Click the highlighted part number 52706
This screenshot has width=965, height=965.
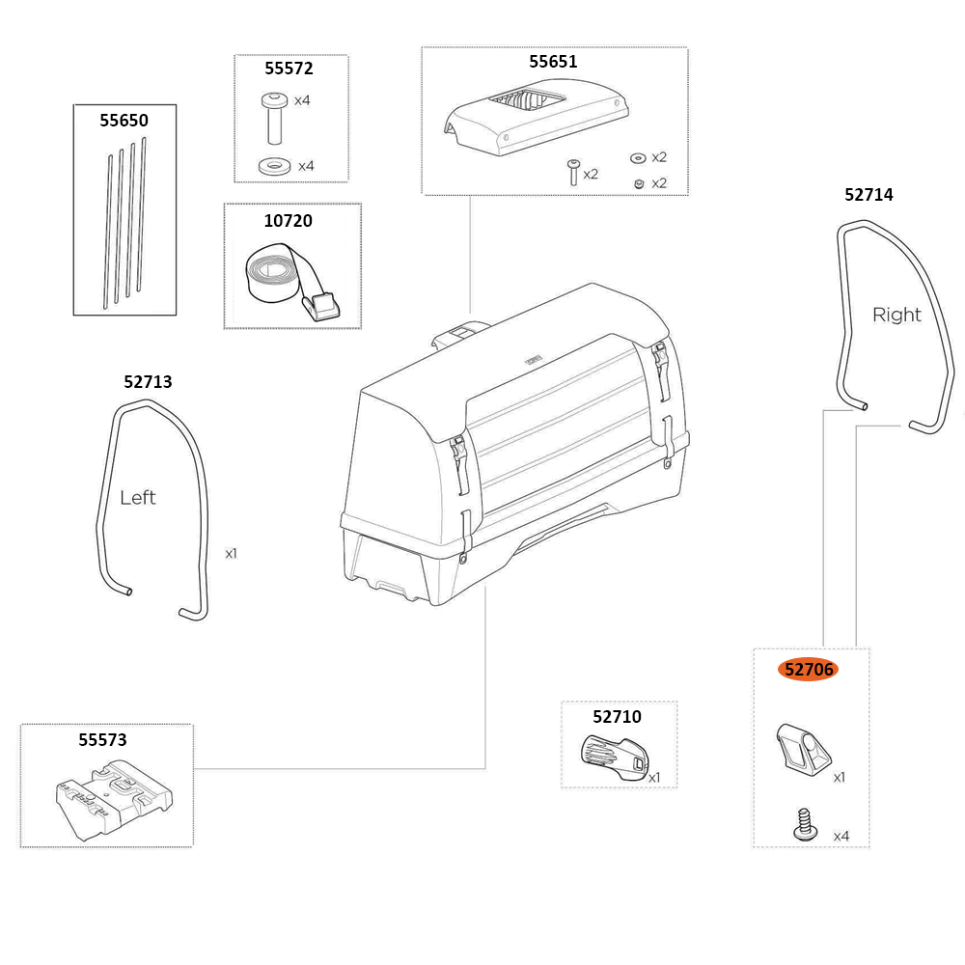point(809,669)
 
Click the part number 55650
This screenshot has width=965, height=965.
point(124,121)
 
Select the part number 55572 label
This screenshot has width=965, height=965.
point(289,68)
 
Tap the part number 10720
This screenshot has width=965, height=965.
point(289,221)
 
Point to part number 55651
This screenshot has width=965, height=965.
point(553,62)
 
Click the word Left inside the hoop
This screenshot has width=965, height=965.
point(138,498)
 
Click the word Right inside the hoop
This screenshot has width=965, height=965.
point(896,315)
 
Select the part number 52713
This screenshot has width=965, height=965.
point(149,382)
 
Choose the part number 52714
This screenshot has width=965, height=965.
point(868,195)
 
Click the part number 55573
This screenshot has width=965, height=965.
point(102,740)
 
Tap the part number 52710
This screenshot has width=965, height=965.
point(617,716)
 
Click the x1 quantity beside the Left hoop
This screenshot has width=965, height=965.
point(231,554)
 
